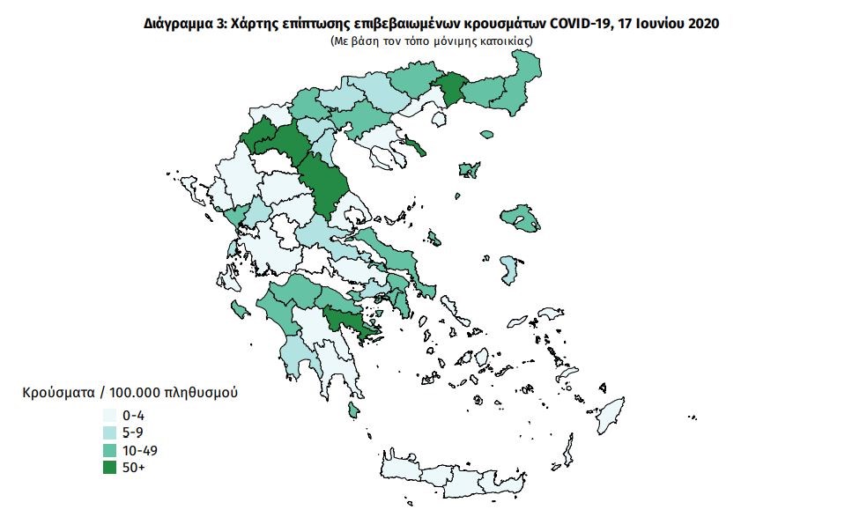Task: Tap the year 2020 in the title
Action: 701,25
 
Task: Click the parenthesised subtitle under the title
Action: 432,41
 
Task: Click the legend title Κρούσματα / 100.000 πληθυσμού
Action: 129,391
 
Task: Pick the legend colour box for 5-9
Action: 110,432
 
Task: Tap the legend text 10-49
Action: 141,450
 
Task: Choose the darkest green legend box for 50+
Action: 110,468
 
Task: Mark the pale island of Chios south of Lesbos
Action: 509,270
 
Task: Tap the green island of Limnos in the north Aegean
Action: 468,170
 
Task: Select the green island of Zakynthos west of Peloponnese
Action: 238,308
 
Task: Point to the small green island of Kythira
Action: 353,410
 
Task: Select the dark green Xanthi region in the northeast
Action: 453,89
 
